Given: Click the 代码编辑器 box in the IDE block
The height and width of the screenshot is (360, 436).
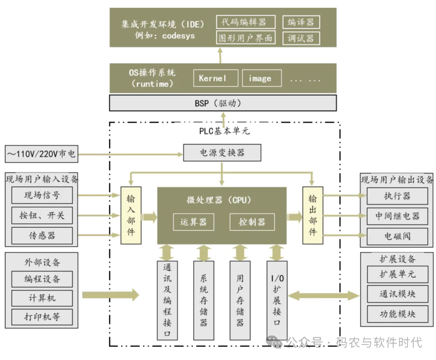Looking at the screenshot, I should click(245, 22).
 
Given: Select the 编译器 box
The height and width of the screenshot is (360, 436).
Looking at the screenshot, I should click(301, 22).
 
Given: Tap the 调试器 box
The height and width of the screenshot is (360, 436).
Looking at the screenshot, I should click(301, 38).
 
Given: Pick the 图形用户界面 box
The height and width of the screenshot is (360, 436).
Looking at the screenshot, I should click(245, 38).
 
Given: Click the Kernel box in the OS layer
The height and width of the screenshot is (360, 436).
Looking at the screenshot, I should click(213, 78).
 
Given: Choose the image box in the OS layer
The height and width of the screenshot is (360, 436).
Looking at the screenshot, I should click(261, 78).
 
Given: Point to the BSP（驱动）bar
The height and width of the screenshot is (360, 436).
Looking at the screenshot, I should click(223, 103).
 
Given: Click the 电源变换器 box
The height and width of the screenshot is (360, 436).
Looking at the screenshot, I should click(222, 153).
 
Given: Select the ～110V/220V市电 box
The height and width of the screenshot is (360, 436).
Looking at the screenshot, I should click(41, 154).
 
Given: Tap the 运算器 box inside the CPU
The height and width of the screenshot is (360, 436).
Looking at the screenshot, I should click(193, 222).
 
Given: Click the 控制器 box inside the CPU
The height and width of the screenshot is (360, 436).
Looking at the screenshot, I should click(252, 222).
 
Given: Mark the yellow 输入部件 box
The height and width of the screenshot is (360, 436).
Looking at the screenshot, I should click(131, 216).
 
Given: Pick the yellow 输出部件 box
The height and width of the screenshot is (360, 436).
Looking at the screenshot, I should click(313, 216).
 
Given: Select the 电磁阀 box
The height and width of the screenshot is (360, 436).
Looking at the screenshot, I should click(397, 236).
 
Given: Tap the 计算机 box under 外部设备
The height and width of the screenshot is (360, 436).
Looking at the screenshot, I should click(42, 298).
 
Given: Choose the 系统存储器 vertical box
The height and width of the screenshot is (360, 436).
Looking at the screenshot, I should click(203, 300).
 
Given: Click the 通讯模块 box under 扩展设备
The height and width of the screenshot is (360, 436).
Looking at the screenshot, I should click(397, 294).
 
